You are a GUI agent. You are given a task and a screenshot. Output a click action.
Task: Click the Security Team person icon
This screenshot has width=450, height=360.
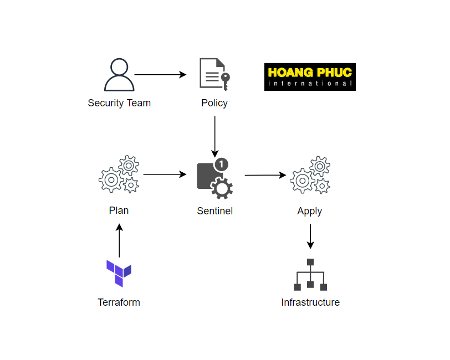(x=119, y=75)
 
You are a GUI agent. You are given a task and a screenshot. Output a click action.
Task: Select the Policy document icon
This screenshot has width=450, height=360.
(x=214, y=75)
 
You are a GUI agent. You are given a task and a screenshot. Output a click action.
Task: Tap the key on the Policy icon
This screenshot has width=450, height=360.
(x=226, y=81)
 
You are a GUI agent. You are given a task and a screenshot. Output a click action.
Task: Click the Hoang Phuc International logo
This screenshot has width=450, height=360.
(x=310, y=77)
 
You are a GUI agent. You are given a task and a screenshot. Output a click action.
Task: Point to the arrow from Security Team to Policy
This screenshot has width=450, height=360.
(x=160, y=75)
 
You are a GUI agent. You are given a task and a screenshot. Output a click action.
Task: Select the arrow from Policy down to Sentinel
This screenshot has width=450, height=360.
(x=214, y=137)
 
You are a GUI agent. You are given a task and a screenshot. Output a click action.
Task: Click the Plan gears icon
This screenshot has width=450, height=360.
(x=119, y=174)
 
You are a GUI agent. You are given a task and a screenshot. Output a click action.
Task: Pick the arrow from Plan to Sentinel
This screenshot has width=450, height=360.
(x=165, y=174)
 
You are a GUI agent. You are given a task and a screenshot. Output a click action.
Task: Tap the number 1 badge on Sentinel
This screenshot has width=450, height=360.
(x=221, y=164)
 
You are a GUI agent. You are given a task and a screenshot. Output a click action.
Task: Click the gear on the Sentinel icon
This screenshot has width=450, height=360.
(x=222, y=188)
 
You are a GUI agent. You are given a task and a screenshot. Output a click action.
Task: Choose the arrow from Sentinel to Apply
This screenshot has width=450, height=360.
(x=265, y=175)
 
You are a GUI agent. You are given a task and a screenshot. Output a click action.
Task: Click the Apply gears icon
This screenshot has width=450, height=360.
(x=310, y=175)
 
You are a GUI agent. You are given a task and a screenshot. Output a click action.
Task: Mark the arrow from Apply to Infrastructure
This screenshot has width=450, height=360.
(x=310, y=236)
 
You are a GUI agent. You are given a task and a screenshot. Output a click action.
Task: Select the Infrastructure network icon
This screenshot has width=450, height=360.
(x=310, y=275)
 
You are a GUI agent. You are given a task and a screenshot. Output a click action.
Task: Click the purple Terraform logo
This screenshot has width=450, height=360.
(x=119, y=274)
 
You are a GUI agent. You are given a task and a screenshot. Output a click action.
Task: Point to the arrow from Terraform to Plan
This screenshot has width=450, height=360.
(x=119, y=241)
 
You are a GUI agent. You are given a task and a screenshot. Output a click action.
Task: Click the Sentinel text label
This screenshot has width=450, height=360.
(x=214, y=211)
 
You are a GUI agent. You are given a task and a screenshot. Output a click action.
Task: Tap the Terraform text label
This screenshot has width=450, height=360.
(x=119, y=302)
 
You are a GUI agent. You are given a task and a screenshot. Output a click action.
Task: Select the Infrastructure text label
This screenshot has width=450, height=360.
(x=310, y=302)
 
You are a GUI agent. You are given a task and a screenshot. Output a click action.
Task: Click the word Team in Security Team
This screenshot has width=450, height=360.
(x=139, y=103)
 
